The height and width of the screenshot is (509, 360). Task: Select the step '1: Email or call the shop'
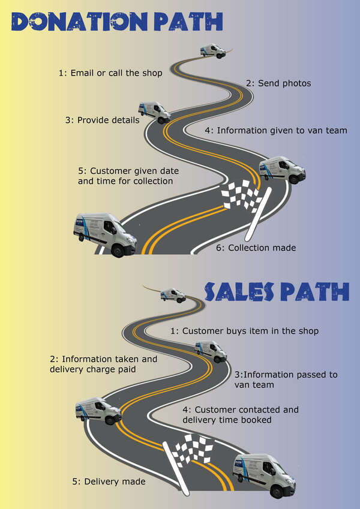click(x=110, y=73)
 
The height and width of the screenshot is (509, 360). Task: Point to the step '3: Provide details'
click(x=103, y=120)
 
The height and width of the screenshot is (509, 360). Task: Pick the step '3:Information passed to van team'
click(x=286, y=380)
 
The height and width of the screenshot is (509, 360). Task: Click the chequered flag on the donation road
click(x=242, y=195)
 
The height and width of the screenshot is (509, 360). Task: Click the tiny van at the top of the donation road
click(x=213, y=50)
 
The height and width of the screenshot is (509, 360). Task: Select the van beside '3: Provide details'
click(x=154, y=111)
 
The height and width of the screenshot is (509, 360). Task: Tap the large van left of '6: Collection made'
click(x=104, y=233)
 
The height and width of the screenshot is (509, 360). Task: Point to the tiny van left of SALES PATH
click(x=173, y=294)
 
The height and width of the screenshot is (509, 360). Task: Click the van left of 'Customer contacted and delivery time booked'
click(x=98, y=411)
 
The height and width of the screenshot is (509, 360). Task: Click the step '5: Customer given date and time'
click(x=128, y=176)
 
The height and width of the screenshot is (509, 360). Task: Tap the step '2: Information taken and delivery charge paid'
click(x=103, y=365)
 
